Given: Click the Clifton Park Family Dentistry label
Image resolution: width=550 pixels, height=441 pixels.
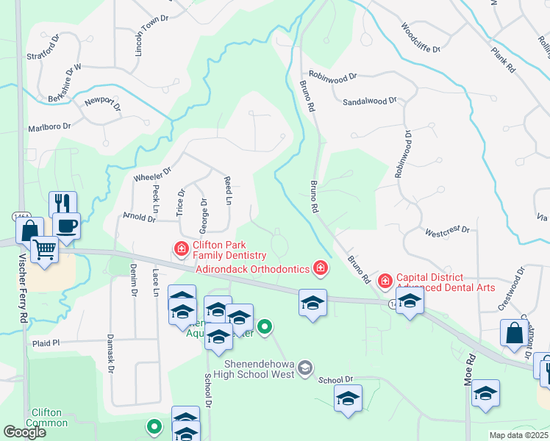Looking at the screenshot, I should click(229, 250).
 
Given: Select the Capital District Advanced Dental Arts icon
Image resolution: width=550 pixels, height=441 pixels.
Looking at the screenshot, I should click(385, 281).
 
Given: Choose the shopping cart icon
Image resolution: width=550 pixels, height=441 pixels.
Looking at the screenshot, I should click(45, 250).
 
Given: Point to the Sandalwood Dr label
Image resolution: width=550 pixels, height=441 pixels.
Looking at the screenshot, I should click(370, 101).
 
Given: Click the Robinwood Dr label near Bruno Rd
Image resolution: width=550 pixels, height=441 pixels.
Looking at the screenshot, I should click(332, 75).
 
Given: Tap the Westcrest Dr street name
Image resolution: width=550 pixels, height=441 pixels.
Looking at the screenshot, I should click(447, 231).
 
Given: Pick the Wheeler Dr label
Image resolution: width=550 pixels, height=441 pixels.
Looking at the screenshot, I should click(152, 174).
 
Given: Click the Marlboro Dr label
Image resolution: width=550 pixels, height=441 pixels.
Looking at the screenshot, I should click(49, 126).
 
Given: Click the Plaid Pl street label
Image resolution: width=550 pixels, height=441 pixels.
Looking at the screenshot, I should click(45, 343).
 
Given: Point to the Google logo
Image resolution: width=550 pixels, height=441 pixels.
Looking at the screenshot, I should click(25, 432).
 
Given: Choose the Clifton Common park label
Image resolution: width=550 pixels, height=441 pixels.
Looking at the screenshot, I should click(46, 417).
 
